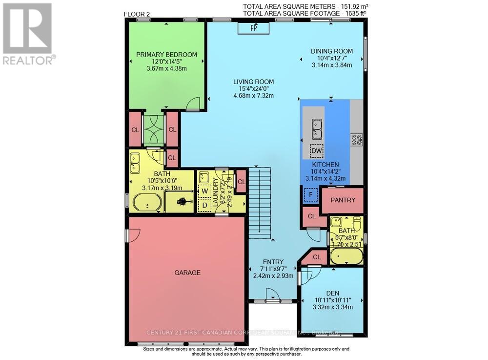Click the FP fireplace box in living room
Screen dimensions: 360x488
click(253, 28)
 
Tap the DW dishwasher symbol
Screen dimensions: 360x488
click(317, 151)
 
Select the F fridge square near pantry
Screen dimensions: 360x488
click(308, 194)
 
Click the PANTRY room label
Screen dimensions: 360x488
click(343, 200)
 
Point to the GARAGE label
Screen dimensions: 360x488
click(188, 273)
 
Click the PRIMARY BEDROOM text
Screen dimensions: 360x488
click(166, 55)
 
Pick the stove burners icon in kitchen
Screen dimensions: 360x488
click(357, 140)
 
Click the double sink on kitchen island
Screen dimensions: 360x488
click(317, 128)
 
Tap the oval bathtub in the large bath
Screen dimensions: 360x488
click(148, 202)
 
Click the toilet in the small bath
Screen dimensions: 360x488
click(357, 225)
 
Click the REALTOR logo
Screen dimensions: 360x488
click(28, 34)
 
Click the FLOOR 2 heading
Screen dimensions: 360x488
click(137, 15)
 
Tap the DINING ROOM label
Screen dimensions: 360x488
click(332, 51)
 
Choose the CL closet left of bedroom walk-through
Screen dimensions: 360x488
click(134, 130)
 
